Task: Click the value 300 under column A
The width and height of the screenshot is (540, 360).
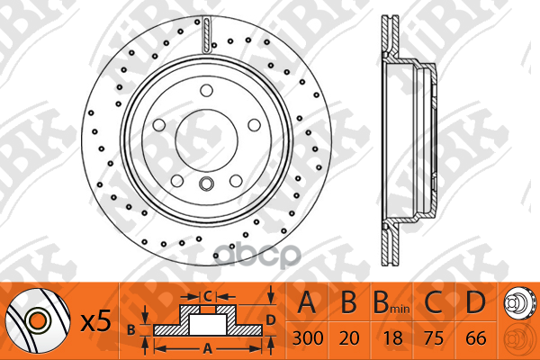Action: point(307,338)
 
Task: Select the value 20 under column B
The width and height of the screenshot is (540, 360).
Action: point(349,338)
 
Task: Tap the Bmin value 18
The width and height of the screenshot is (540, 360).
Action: point(392,338)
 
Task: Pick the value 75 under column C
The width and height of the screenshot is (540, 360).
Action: point(434,338)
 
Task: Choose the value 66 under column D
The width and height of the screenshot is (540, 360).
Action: point(476,338)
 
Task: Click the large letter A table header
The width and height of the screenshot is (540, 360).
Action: point(307,302)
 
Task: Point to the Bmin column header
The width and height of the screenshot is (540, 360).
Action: point(391,303)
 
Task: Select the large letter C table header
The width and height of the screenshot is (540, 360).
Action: point(433,302)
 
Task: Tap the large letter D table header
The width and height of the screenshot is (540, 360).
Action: point(475,302)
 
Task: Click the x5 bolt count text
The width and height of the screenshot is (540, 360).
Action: point(96,320)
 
